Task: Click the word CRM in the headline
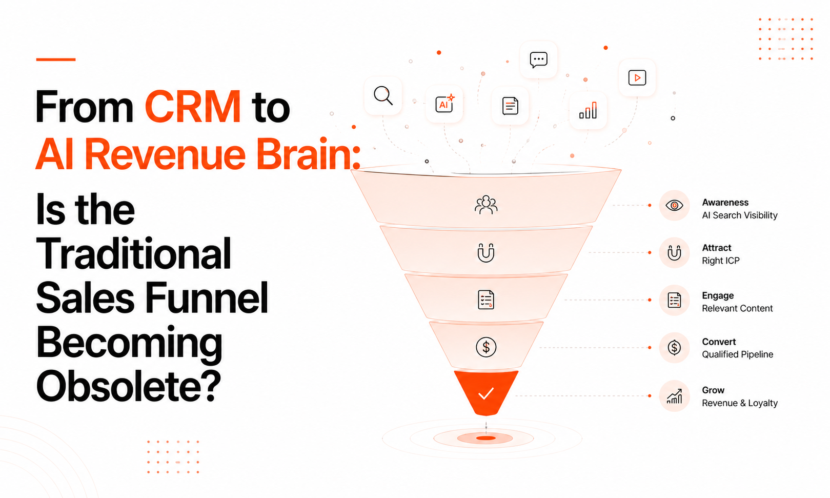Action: (x=193, y=106)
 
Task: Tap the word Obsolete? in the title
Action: (x=129, y=386)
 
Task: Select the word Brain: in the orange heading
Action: (x=308, y=153)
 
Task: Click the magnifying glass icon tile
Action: (x=383, y=96)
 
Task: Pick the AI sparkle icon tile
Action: (x=444, y=104)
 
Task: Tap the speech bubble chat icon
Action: (x=538, y=59)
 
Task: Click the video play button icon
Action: (x=637, y=77)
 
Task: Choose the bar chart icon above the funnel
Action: (x=588, y=110)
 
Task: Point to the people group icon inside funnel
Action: (x=486, y=205)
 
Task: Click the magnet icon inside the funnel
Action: (x=486, y=252)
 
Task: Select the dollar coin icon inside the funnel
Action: (x=486, y=347)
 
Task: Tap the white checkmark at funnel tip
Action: (x=486, y=393)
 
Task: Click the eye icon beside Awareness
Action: (x=674, y=206)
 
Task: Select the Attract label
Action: (x=716, y=248)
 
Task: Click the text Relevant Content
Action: (x=737, y=308)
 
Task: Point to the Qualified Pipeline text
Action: (x=737, y=354)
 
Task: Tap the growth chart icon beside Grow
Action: (x=674, y=396)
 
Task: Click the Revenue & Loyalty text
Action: (x=740, y=403)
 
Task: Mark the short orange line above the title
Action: (x=55, y=59)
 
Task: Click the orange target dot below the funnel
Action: (x=486, y=439)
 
